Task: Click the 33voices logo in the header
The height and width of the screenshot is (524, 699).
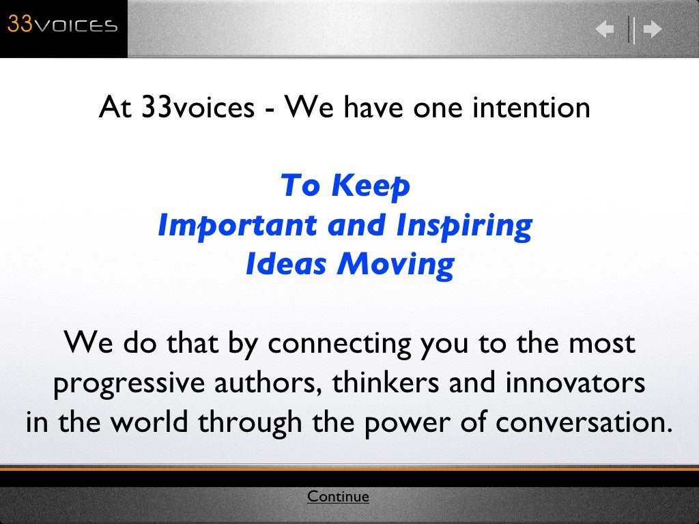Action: click(63, 26)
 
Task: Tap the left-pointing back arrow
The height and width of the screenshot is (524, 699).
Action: click(605, 29)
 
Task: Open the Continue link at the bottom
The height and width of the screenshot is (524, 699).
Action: click(338, 497)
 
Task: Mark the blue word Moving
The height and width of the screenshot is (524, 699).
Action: click(395, 265)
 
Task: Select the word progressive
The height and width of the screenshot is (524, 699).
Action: click(128, 384)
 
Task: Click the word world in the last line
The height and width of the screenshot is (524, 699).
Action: click(150, 422)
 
